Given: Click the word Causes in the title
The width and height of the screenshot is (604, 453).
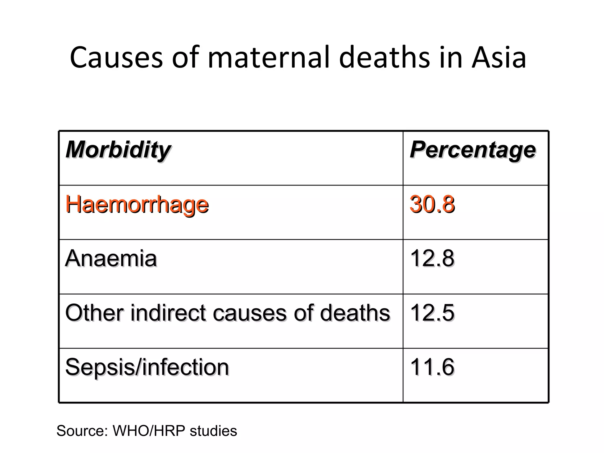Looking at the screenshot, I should tap(116, 58).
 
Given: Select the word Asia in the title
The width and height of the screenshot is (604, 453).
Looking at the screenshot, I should tap(498, 58).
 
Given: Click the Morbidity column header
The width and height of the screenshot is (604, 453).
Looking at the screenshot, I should tap(118, 150).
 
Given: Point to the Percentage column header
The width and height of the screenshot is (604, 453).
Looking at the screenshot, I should tap(472, 150).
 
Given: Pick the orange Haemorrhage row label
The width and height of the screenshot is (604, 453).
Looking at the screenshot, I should tap(137, 204).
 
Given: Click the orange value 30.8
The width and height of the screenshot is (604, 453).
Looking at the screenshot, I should tap(432, 204).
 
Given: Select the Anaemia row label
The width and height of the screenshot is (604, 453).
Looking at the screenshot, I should tap(111, 258).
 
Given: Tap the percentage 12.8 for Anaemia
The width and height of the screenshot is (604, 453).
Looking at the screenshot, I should tap(432, 258).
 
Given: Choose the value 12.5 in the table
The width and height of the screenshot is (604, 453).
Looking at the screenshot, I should tap(432, 313).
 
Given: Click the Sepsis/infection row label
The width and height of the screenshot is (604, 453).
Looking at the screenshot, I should tap(147, 367).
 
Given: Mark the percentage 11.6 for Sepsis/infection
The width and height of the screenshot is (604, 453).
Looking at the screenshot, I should tap(432, 367).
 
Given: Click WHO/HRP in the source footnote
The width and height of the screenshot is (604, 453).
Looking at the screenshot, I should tap(149, 431).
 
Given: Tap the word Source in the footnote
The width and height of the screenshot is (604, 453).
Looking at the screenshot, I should tap(81, 431).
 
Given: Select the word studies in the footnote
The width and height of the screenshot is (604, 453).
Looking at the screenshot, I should tap(213, 431).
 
